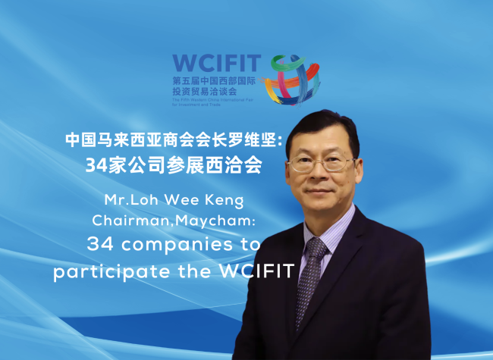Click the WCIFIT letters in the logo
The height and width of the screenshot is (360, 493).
tap(215, 61)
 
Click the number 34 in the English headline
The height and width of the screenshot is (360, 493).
tap(102, 245)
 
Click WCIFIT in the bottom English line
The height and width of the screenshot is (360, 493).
tap(254, 271)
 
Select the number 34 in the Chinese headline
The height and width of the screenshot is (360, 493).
tap(96, 165)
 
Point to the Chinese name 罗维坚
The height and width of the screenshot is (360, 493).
tap(248, 140)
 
